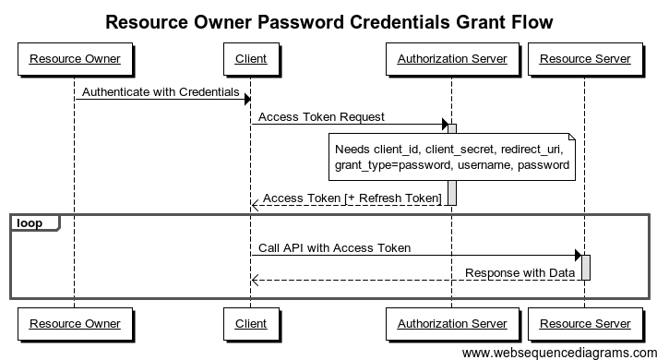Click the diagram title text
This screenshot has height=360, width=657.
click(x=329, y=20)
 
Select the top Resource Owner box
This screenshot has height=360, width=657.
click(x=75, y=59)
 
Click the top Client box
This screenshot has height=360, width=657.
click(x=251, y=59)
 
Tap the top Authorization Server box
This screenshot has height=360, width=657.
click(x=451, y=59)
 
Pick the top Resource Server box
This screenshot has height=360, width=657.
click(x=585, y=59)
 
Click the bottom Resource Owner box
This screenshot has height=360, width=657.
click(x=75, y=323)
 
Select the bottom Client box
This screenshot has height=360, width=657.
click(x=251, y=323)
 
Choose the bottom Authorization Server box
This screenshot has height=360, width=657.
click(x=451, y=323)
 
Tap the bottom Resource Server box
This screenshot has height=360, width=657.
click(x=585, y=323)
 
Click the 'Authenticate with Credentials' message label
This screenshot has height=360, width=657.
click(x=161, y=92)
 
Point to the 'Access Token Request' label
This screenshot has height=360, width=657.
click(x=321, y=117)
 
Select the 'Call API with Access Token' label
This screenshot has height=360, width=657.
click(x=334, y=247)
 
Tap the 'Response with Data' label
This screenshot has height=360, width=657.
click(x=520, y=272)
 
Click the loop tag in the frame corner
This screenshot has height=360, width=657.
click(x=32, y=222)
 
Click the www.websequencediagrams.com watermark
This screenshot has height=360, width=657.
click(x=557, y=353)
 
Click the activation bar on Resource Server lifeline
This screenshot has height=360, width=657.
click(x=585, y=267)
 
